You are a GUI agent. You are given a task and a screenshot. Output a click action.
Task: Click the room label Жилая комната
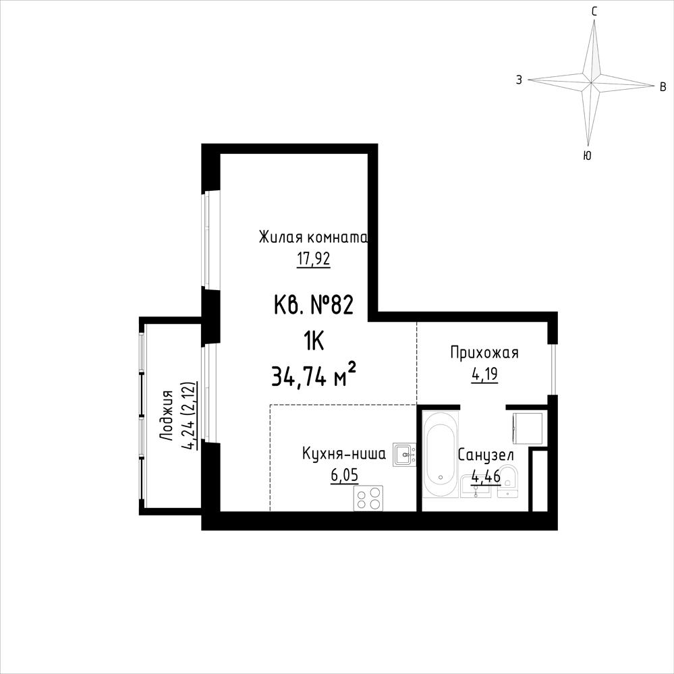pos(313,237)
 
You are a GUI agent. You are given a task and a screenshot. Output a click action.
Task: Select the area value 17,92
pos(313,259)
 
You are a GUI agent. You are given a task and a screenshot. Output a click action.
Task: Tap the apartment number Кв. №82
pos(313,305)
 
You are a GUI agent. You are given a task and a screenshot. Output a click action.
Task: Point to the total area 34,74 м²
pos(313,376)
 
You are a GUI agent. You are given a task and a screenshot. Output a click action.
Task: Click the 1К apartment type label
pos(313,343)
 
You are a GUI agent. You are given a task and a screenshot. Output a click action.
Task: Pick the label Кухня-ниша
pos(344,454)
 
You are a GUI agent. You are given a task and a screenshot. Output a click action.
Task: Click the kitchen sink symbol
pos(404,454)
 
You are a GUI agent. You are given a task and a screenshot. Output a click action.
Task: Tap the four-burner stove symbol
pos(368,498)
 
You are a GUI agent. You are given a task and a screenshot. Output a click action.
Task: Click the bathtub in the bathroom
pos(440,454)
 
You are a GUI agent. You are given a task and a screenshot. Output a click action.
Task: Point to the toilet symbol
pos(509,481)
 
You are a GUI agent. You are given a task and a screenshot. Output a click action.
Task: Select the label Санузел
pos(486,455)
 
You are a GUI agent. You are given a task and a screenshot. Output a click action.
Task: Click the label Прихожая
pos(484,352)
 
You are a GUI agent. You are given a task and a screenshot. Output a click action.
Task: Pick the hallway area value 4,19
pos(484,374)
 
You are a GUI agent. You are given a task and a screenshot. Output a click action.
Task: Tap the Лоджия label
pos(166,415)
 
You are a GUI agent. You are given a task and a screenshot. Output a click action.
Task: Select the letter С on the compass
pos(594,12)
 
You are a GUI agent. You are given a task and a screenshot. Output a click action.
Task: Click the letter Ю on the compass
pos(587,156)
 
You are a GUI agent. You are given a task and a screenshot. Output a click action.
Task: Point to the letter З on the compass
pos(519,80)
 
